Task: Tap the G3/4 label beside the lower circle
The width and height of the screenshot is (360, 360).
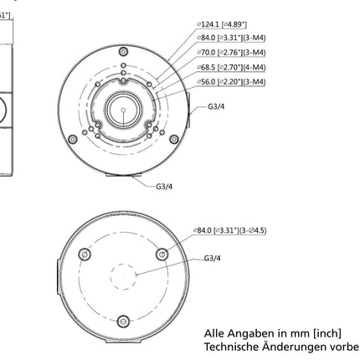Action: pos(213,259)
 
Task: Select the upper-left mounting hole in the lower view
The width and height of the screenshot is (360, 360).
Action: pos(84,255)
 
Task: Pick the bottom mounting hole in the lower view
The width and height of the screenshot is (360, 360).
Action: pos(124,319)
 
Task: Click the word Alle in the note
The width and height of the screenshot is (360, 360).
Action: pos(215,332)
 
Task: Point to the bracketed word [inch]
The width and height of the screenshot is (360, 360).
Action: pos(329,332)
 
